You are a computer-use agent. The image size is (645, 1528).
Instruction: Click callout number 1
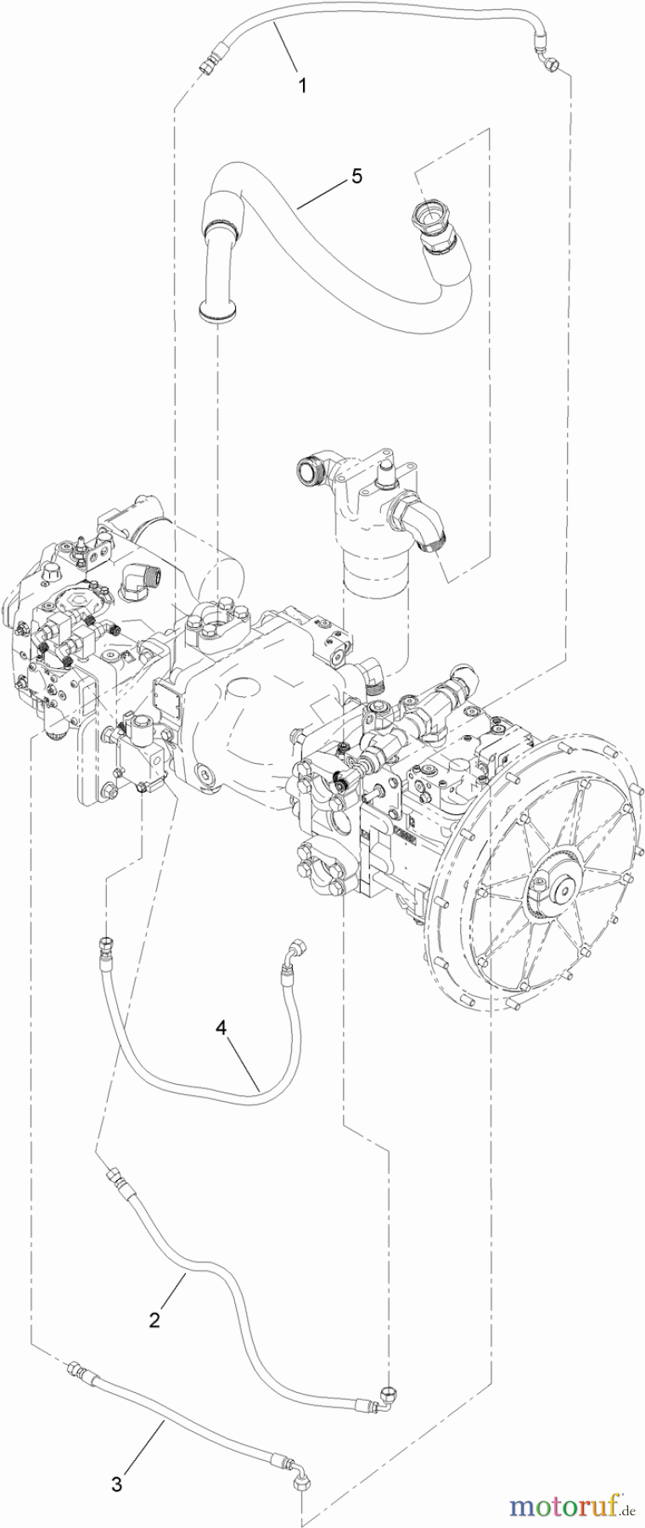303,86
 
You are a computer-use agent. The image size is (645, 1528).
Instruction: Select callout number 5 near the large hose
356,176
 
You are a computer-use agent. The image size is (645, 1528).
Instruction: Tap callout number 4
222,1028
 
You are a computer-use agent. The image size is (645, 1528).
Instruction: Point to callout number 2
154,1320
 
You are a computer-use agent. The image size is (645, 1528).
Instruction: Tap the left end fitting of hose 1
206,65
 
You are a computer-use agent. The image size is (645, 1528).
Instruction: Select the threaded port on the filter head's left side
311,468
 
